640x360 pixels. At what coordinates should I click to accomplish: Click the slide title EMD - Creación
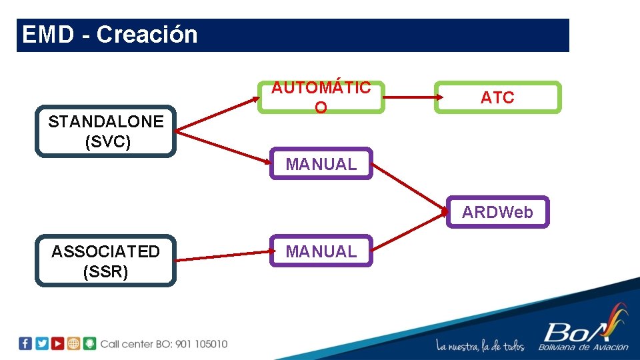[110, 35]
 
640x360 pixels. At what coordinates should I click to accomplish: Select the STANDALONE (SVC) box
[105, 131]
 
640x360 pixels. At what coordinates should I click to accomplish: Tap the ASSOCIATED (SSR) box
[105, 261]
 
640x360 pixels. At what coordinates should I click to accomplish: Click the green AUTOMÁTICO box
[321, 97]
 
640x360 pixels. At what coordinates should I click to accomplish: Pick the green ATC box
[497, 97]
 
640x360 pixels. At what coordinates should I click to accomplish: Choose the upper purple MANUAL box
[321, 163]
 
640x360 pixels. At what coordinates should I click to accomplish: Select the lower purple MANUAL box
[321, 251]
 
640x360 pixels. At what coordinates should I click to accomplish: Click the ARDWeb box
[497, 212]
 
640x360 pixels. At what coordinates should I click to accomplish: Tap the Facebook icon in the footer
[25, 343]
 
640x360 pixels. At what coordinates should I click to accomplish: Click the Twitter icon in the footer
[42, 343]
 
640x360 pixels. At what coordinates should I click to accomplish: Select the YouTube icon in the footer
[58, 343]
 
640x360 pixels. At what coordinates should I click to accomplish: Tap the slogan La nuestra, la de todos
[480, 345]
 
